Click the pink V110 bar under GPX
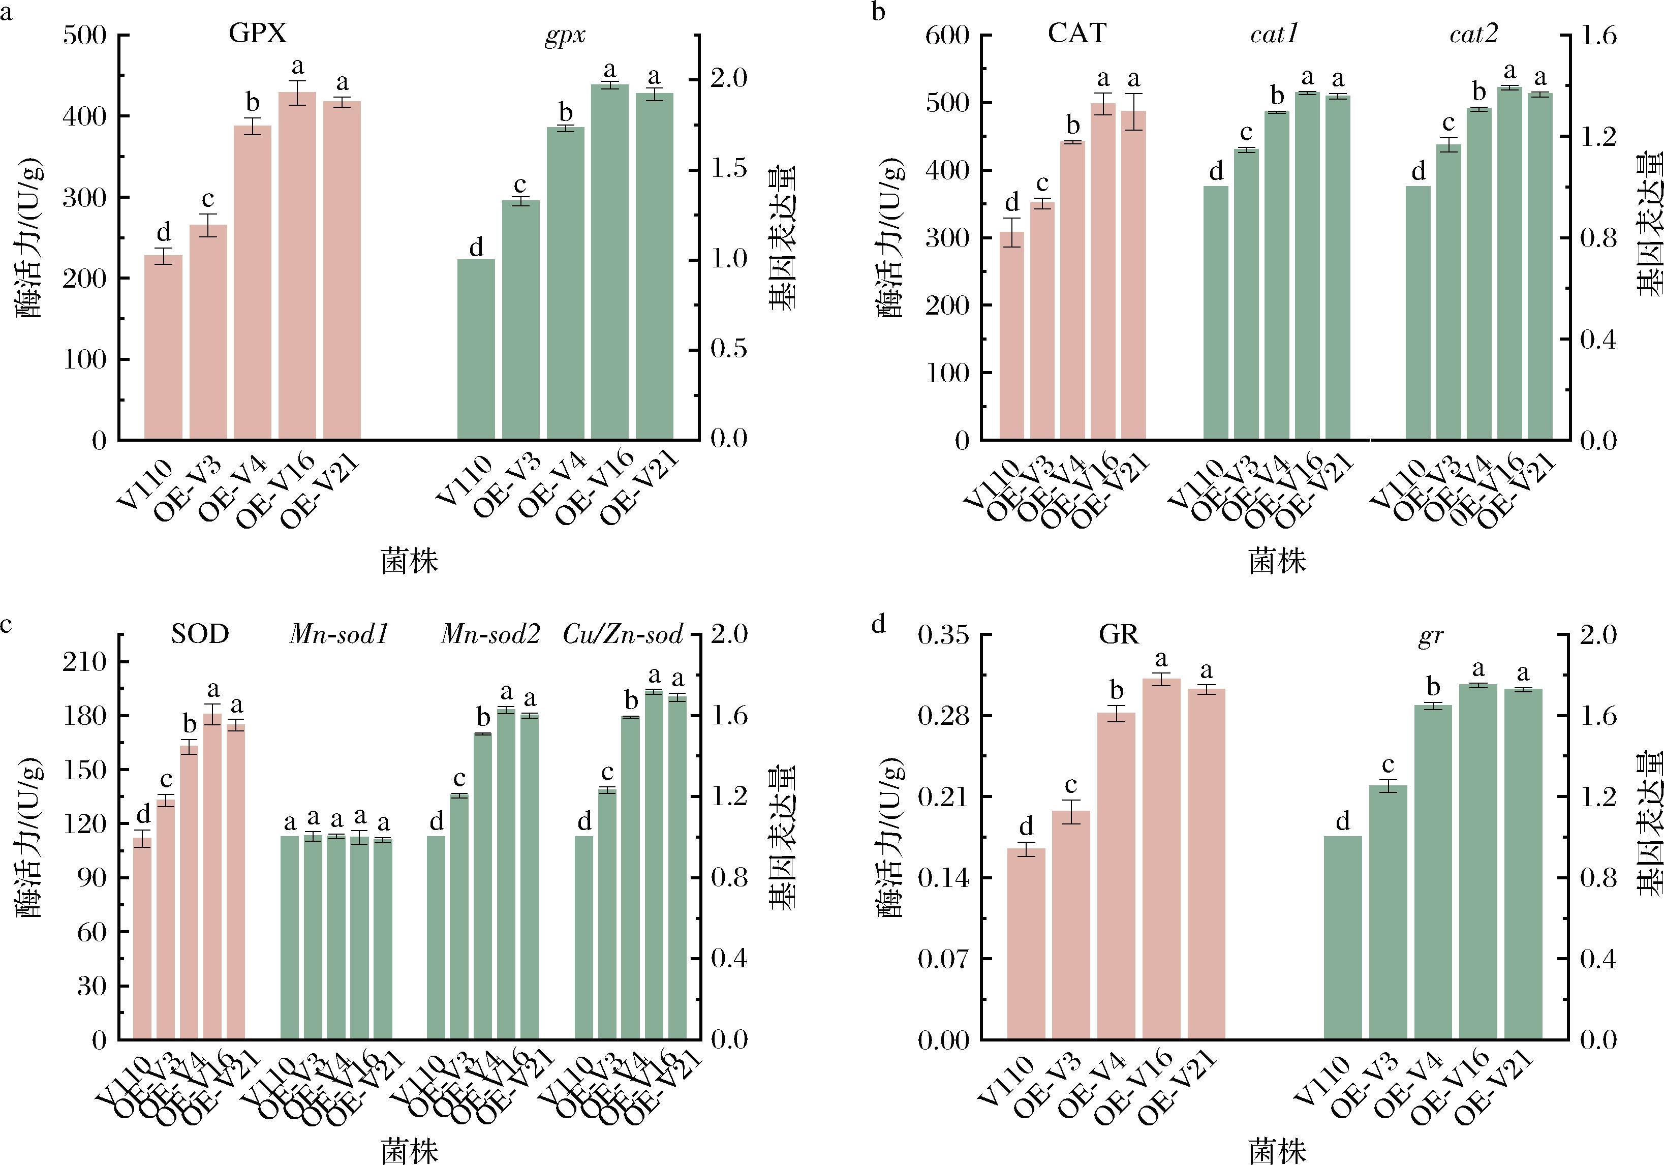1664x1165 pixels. (x=163, y=348)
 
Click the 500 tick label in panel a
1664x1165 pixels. (x=85, y=35)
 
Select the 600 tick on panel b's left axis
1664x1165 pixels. (x=947, y=35)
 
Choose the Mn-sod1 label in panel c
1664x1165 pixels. (x=339, y=635)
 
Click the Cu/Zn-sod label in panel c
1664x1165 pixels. (x=623, y=635)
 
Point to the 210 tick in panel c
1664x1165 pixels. (x=85, y=662)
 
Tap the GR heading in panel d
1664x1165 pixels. (x=1119, y=635)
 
